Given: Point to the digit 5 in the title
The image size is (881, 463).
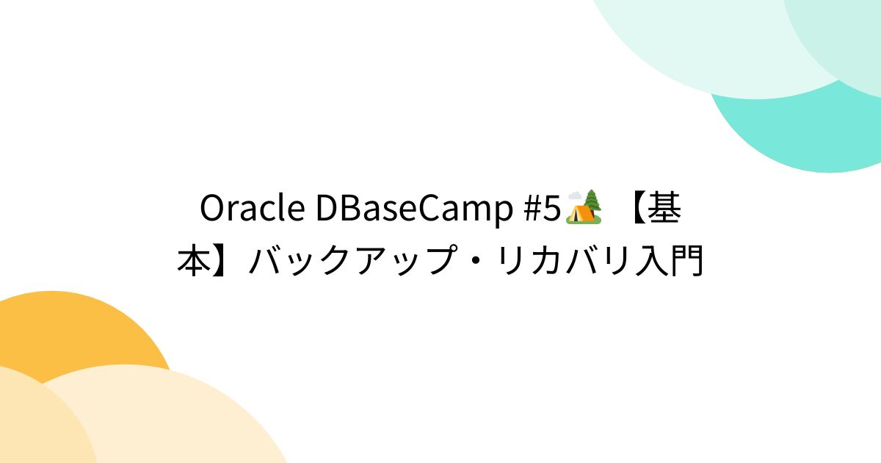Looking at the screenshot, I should click(554, 209).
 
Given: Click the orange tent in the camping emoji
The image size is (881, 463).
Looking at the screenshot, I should click(579, 213).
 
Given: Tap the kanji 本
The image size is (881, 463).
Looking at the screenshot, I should click(195, 261).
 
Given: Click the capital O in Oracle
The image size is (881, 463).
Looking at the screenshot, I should click(212, 209).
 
